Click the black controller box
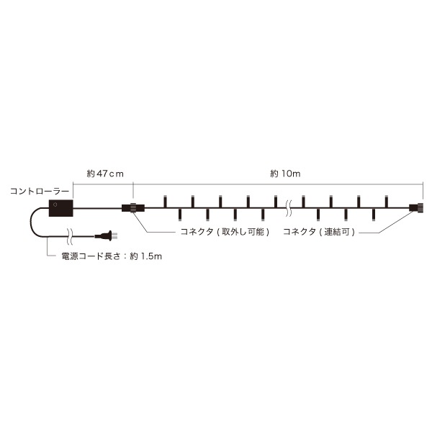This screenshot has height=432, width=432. tap(61, 208)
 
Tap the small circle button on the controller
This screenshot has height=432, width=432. tap(55, 204)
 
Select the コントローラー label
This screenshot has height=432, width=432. tap(40, 192)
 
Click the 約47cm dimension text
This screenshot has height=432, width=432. tap(105, 174)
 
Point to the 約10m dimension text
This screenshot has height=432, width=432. tap(285, 174)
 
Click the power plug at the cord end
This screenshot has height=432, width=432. tap(107, 236)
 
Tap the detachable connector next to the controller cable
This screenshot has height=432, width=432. tap(133, 208)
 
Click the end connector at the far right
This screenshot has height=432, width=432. tap(416, 208)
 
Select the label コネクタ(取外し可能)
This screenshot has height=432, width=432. tap(225, 232)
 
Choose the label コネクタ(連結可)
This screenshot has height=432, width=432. tap(319, 232)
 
